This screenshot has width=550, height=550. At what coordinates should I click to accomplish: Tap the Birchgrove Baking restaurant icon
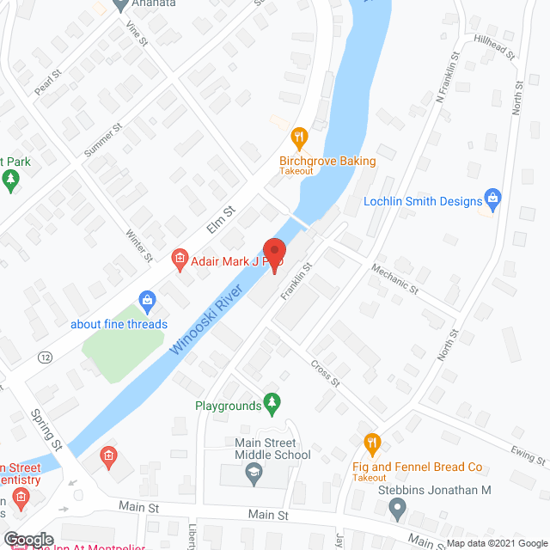tap(299, 137)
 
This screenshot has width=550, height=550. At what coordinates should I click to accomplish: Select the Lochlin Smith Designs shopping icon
tap(493, 200)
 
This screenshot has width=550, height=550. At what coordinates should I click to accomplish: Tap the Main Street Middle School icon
tap(254, 471)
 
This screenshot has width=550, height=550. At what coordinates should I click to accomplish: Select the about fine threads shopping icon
tap(147, 301)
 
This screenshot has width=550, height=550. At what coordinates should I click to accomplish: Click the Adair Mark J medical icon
tap(180, 257)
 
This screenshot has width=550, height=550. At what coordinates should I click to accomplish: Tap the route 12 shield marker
tap(45, 357)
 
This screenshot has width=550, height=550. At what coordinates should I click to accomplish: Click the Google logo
tap(27, 540)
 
